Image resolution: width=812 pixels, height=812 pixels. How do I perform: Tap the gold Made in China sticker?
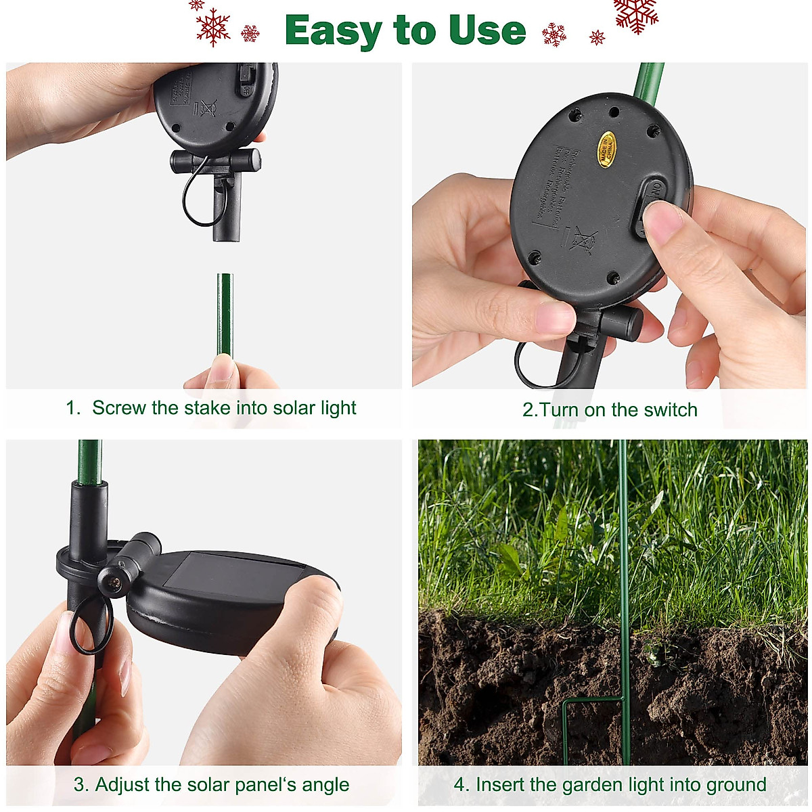pyautogui.click(x=604, y=150)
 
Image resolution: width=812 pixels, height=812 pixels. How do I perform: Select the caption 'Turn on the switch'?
pyautogui.click(x=610, y=410)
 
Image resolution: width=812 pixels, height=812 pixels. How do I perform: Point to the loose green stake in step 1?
pyautogui.click(x=224, y=311)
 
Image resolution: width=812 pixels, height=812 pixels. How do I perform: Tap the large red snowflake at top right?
pyautogui.click(x=635, y=14)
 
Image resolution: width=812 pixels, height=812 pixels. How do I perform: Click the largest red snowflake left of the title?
pyautogui.click(x=213, y=27)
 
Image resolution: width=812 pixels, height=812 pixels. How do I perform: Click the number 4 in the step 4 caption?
pyautogui.click(x=461, y=785)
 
